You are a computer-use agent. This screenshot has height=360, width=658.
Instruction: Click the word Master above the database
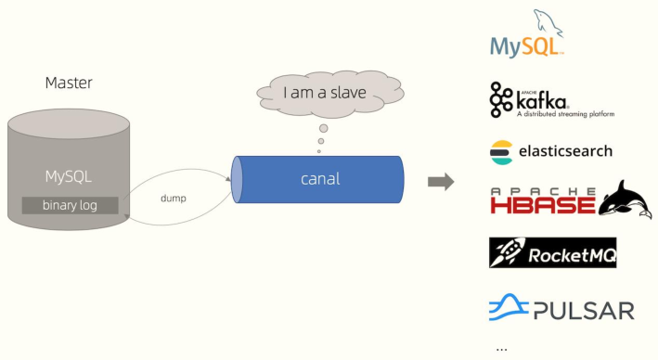point(69,84)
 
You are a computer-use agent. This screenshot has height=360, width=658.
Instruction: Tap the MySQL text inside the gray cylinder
point(69,176)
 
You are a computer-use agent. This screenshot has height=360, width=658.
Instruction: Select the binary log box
point(69,204)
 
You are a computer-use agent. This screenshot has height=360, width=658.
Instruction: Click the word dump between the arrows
point(174,199)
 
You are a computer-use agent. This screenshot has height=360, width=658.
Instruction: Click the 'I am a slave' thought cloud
point(324,93)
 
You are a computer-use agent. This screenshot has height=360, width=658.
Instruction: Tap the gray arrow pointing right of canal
point(440,181)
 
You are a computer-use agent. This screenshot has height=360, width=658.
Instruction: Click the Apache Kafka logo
point(551,100)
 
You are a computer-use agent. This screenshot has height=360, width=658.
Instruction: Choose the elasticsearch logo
point(551,150)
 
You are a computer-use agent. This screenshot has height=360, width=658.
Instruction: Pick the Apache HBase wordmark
point(542,199)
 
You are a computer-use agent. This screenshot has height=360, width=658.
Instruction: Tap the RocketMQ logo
point(552,252)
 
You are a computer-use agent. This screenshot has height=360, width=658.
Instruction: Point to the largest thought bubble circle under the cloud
point(323,128)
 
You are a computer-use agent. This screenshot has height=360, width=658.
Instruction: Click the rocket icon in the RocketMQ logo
point(508,252)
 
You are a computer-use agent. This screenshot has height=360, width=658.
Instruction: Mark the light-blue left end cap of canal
point(237,180)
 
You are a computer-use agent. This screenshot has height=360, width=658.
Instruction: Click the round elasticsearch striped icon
point(502,150)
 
